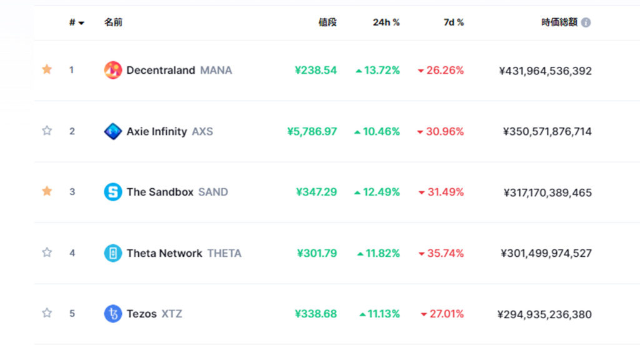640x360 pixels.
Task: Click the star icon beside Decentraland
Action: pyautogui.click(x=47, y=69)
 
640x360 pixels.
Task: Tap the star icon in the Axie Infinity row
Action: pyautogui.click(x=47, y=131)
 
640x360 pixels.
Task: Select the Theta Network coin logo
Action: pyautogui.click(x=112, y=253)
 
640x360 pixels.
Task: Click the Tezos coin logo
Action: pyautogui.click(x=112, y=314)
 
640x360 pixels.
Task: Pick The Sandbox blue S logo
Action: pyautogui.click(x=112, y=192)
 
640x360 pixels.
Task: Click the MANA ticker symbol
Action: pyautogui.click(x=216, y=70)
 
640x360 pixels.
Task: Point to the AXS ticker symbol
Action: pyautogui.click(x=202, y=131)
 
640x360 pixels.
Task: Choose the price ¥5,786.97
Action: pyautogui.click(x=312, y=131)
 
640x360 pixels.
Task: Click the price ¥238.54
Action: pyautogui.click(x=316, y=70)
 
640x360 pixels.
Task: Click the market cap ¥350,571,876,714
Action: pyautogui.click(x=547, y=131)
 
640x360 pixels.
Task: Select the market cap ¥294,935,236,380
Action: pyautogui.click(x=544, y=314)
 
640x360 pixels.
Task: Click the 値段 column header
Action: pyautogui.click(x=327, y=22)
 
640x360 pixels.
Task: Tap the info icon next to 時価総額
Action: pyautogui.click(x=586, y=22)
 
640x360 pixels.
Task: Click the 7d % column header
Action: pyautogui.click(x=454, y=22)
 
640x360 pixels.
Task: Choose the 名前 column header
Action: pyautogui.click(x=113, y=22)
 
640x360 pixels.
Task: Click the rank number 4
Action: pyautogui.click(x=72, y=253)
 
